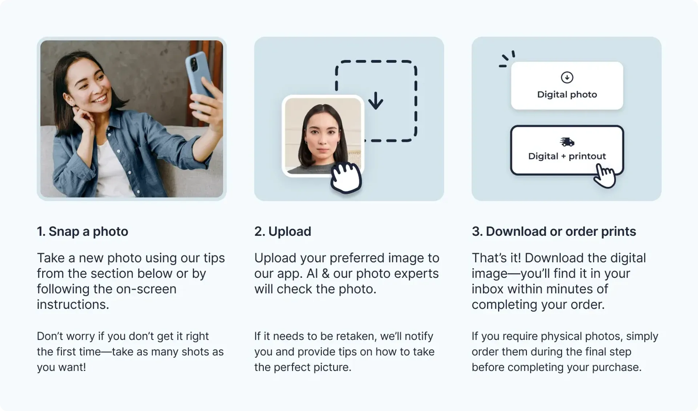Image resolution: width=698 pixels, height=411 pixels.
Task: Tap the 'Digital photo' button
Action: click(567, 86)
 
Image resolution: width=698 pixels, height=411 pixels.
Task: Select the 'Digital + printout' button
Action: click(567, 150)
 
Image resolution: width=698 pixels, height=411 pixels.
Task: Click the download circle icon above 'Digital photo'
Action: click(567, 77)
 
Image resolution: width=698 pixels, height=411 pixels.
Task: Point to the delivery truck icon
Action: click(567, 142)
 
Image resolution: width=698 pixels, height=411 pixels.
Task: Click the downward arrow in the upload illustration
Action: click(376, 101)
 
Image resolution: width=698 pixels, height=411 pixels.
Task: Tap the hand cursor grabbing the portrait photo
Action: click(346, 178)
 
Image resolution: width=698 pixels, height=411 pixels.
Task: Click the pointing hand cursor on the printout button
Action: click(604, 176)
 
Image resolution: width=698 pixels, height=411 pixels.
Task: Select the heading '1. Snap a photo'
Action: click(83, 231)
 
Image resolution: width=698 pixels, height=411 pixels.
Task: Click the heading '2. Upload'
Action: click(282, 231)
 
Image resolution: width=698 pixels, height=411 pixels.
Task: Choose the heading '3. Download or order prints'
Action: click(554, 231)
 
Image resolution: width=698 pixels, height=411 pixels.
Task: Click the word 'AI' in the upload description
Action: click(312, 273)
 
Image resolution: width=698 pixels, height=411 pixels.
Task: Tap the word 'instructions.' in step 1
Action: click(73, 305)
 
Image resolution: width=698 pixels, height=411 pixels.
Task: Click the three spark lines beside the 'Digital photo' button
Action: click(507, 59)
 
